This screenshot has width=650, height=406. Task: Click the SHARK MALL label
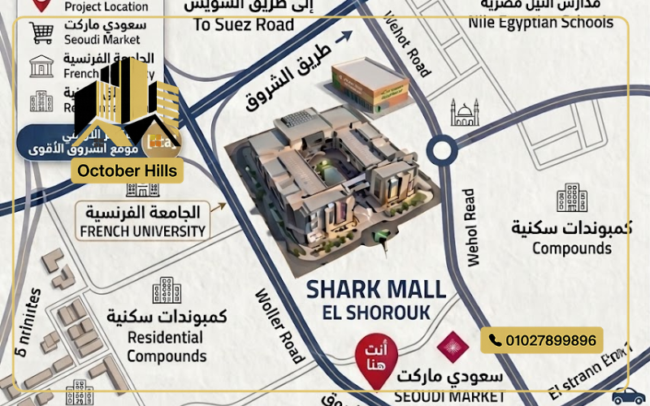pos(376,290)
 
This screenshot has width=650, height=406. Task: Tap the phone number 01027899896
pos(542,339)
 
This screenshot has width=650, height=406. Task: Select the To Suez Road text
pos(244,25)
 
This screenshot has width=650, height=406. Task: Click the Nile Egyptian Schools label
pos(540,23)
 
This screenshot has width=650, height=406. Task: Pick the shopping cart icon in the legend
pos(42,32)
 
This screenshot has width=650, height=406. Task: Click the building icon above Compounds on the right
pos(572,199)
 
